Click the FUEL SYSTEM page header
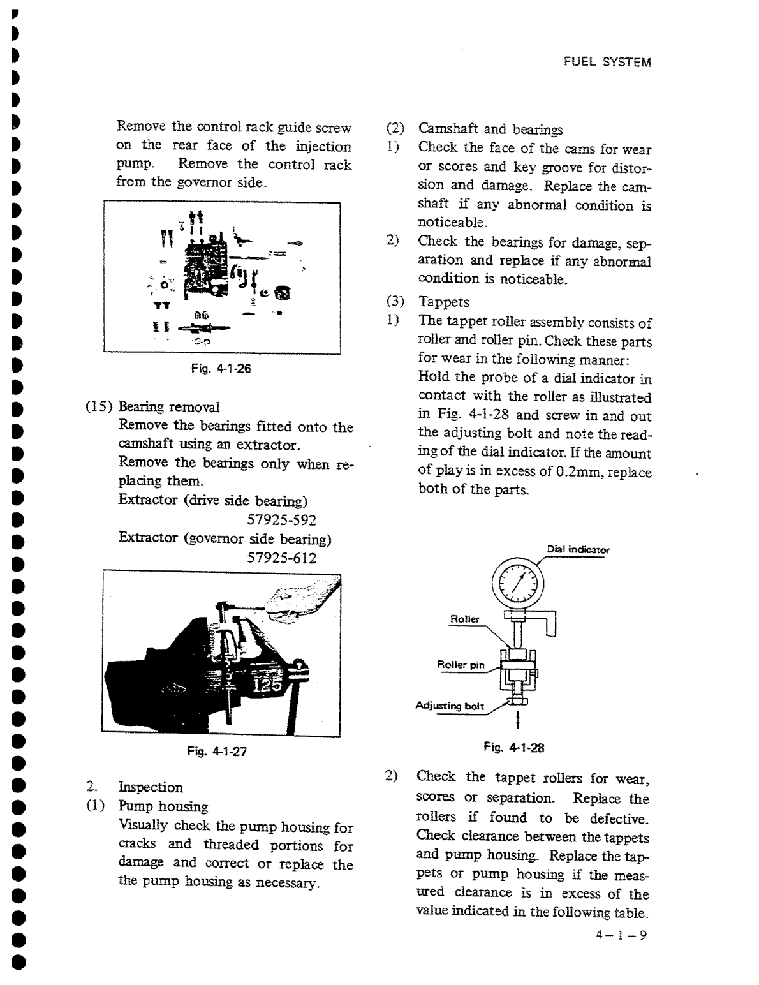click(607, 63)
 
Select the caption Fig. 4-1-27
click(216, 752)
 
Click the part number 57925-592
click(282, 520)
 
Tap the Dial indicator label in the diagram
click(578, 549)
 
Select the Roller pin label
click(461, 665)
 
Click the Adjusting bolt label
click(450, 706)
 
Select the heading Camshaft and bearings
click(490, 130)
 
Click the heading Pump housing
click(163, 806)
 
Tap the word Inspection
click(151, 787)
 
